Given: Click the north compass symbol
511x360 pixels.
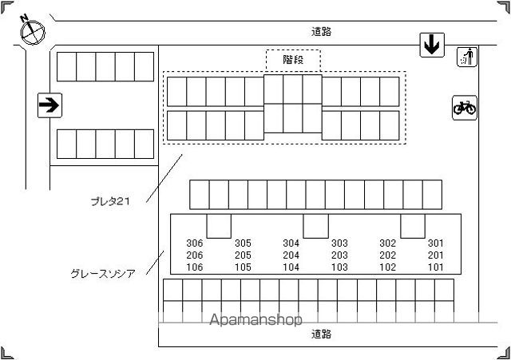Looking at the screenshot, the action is [x=33, y=32].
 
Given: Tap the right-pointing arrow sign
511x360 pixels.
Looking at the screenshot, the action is [x=50, y=105].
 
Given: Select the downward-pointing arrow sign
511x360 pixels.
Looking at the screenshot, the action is [x=432, y=45].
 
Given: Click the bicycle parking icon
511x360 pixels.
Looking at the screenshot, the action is [x=465, y=108].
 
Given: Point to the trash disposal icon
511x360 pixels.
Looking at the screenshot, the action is [x=466, y=57].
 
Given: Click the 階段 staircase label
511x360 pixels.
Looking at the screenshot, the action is [x=293, y=60].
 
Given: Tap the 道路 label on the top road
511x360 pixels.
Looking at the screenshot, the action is [x=321, y=32].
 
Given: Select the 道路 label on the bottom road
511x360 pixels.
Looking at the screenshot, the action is [x=321, y=334].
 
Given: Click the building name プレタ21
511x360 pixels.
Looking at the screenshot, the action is [x=110, y=201].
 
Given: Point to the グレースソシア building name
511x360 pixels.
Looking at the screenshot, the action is [x=103, y=274].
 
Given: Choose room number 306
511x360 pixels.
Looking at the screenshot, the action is [x=195, y=243].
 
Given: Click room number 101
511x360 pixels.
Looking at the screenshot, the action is [x=435, y=267].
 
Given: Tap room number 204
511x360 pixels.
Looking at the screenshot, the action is [x=291, y=255].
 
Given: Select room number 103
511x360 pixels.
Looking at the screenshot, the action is [x=339, y=267].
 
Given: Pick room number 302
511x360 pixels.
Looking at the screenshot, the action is [x=387, y=243].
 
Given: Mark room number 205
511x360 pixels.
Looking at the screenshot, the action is [x=243, y=255].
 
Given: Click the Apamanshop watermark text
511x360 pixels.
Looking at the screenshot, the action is [x=255, y=320].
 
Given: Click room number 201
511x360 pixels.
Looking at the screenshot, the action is [x=435, y=255].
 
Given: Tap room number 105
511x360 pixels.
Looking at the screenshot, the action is [x=243, y=267].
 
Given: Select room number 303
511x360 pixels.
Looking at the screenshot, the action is [x=339, y=243].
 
